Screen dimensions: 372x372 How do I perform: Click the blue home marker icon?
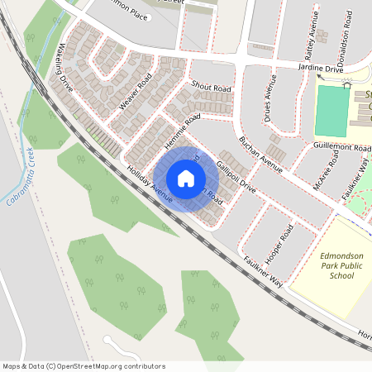[186, 178]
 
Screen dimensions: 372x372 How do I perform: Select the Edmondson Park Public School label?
[336, 265]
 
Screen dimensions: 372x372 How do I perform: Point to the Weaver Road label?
[136, 92]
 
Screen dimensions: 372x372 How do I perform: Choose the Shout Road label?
[211, 86]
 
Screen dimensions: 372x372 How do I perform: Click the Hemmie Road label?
[182, 132]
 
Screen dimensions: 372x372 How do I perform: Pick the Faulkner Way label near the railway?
[263, 272]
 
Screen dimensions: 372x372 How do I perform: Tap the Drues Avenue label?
[268, 100]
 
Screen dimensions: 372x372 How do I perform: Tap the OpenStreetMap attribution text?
[83, 366]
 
